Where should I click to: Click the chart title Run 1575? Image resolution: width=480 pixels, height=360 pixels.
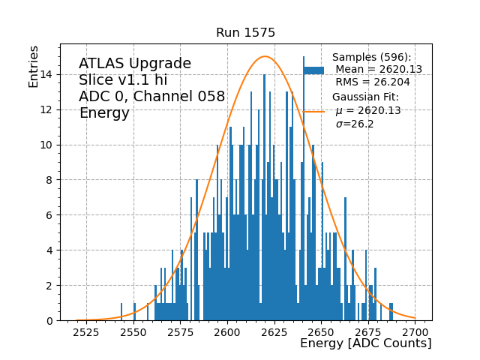pyautogui.click(x=245, y=33)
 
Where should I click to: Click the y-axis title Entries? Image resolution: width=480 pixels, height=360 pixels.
pyautogui.click(x=34, y=65)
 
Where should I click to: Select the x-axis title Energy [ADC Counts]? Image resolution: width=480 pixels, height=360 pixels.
pyautogui.click(x=365, y=343)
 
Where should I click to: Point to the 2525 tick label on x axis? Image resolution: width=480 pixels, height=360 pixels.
pyautogui.click(x=86, y=331)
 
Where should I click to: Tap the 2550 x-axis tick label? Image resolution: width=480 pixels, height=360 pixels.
pyautogui.click(x=133, y=331)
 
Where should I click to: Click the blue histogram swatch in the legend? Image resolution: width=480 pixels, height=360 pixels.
pyautogui.click(x=313, y=70)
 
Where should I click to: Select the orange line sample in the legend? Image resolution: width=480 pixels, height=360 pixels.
pyautogui.click(x=313, y=112)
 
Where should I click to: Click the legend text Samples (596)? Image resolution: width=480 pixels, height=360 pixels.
pyautogui.click(x=372, y=58)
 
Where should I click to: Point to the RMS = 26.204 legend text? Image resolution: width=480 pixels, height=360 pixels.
pyautogui.click(x=373, y=82)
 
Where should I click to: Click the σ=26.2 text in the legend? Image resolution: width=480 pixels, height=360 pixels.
pyautogui.click(x=355, y=124)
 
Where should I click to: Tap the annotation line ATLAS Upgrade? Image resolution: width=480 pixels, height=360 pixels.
pyautogui.click(x=135, y=64)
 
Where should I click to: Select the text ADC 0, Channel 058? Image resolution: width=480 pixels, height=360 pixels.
pyautogui.click(x=152, y=97)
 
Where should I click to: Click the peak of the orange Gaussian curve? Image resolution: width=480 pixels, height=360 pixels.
pyautogui.click(x=264, y=56)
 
